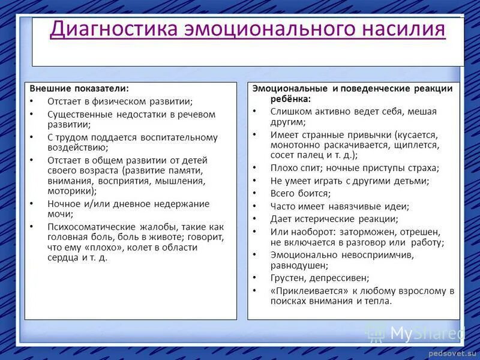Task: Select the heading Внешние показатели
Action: click(79, 89)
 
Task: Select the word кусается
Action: click(419, 135)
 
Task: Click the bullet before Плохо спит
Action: click(254, 168)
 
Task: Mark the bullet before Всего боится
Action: click(254, 193)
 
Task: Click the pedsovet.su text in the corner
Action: click(454, 354)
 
